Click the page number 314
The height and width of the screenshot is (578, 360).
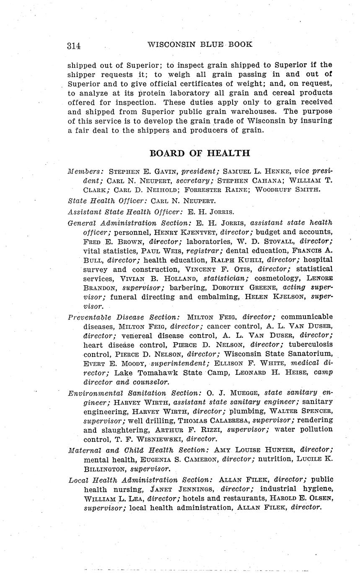[73, 46]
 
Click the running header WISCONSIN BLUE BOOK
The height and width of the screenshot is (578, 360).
[200, 44]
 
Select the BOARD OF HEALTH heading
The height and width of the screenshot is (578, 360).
[199, 153]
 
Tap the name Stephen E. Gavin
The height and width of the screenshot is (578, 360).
[138, 171]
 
